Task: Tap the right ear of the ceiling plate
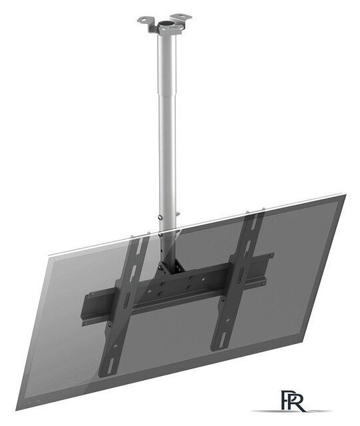[179, 17]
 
